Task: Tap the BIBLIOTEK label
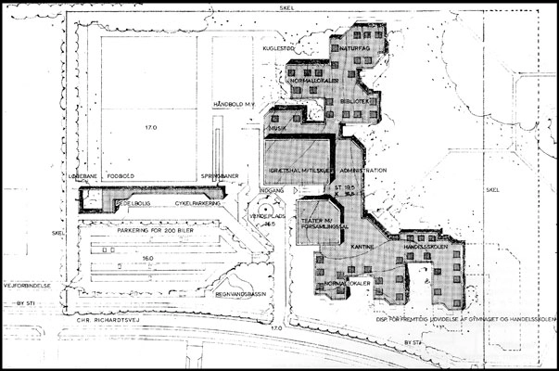(x=356, y=100)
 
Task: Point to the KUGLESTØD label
(x=278, y=46)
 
